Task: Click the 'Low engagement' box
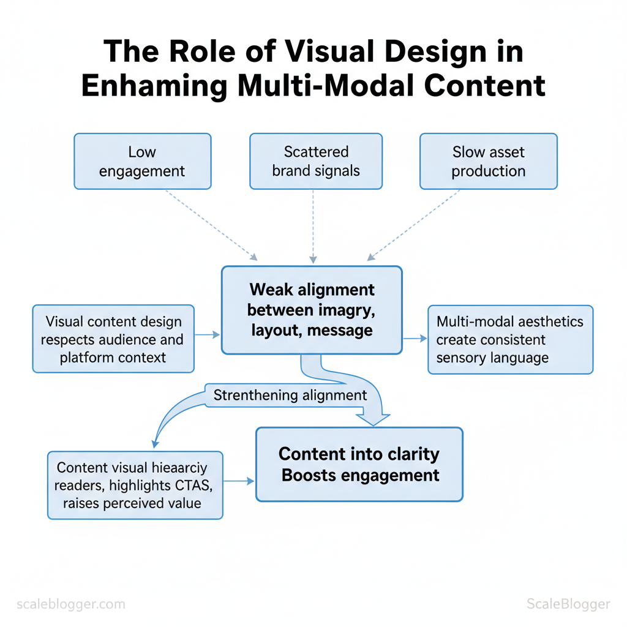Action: click(142, 161)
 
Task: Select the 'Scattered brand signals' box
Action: click(316, 161)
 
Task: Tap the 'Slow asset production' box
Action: click(488, 161)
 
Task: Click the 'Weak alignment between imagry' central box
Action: click(311, 310)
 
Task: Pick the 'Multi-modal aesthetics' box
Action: click(509, 339)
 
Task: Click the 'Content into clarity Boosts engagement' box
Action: click(359, 464)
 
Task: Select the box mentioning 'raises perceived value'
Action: click(135, 485)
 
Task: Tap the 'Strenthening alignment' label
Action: click(290, 395)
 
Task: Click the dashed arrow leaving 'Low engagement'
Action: click(211, 224)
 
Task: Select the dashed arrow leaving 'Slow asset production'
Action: click(414, 224)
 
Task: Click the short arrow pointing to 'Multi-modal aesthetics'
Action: click(415, 338)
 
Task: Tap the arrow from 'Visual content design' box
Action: click(207, 335)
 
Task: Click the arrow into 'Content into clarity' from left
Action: click(238, 481)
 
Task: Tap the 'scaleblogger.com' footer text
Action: click(71, 604)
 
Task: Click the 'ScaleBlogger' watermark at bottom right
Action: click(568, 604)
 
